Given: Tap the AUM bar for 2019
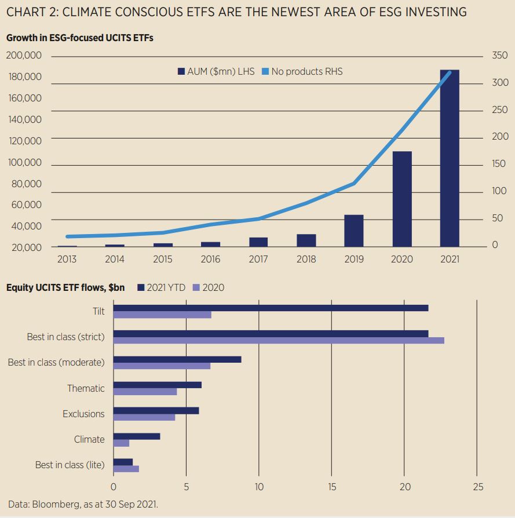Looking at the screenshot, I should (353, 231).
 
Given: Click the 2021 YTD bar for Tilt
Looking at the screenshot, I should (271, 308).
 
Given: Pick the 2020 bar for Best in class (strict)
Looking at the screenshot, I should (279, 340).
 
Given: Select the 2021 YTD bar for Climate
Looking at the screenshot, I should (137, 436).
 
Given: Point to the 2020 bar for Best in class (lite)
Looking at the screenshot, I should (126, 469).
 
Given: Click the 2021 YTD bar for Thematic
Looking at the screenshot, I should (158, 385).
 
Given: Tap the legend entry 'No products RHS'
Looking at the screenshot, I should (302, 71).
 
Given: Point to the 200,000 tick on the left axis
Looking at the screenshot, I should (24, 56).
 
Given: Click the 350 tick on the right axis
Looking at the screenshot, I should (500, 56).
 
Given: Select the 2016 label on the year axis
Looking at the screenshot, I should (211, 259).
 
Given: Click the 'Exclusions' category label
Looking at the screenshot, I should (83, 414).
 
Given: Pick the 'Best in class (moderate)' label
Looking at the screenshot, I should (56, 362).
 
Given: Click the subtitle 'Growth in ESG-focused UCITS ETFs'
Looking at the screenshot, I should (79, 38).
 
